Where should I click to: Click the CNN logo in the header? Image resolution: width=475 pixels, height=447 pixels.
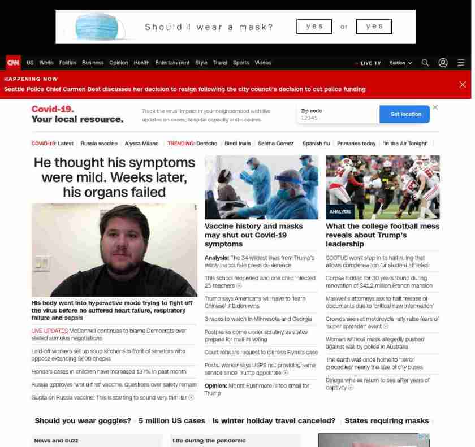[13, 62]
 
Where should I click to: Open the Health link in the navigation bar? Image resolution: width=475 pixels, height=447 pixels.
[141, 63]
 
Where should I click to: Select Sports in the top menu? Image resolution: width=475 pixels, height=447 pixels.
[241, 63]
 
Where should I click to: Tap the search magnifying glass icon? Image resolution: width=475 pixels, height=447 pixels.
[425, 63]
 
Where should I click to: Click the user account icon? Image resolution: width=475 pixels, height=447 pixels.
[443, 63]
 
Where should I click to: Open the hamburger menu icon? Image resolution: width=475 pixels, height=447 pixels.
[461, 63]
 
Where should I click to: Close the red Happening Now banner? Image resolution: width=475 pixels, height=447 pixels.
[463, 84]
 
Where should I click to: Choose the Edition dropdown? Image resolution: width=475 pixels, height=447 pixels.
[400, 63]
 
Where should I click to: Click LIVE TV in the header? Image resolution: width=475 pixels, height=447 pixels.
[369, 63]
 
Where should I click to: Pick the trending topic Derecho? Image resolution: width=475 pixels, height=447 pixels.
[206, 144]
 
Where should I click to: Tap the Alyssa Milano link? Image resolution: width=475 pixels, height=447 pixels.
[141, 144]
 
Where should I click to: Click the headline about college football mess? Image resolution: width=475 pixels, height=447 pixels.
[382, 235]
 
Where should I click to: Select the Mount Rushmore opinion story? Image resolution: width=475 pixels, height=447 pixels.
[257, 389]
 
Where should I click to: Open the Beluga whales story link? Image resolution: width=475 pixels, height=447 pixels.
[377, 384]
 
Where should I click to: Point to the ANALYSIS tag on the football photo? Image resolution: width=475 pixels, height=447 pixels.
[340, 212]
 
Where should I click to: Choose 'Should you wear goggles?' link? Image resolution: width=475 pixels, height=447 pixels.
[83, 420]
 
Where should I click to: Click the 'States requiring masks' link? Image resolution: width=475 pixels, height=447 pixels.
[387, 420]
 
